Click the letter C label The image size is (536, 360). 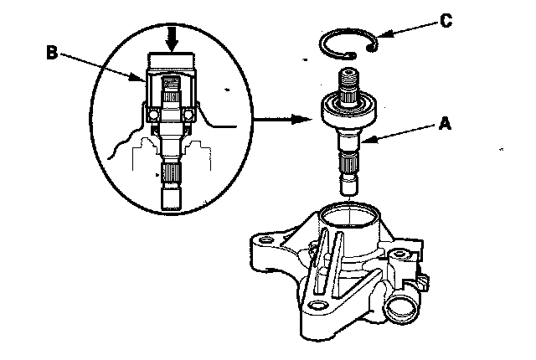click(x=445, y=20)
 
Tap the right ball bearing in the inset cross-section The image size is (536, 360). click(x=190, y=113)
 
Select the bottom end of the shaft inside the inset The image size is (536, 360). click(x=172, y=201)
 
